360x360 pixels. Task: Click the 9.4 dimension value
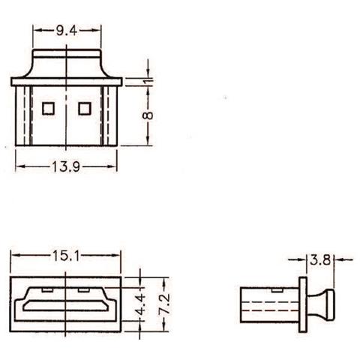tap(67, 31)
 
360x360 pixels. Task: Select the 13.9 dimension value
tap(66, 166)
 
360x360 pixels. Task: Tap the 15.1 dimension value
tap(66, 256)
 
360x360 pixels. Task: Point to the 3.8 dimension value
tap(320, 260)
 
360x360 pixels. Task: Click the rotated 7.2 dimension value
tap(165, 304)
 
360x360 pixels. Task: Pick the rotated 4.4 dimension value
tap(140, 304)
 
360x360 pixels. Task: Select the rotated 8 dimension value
tap(148, 115)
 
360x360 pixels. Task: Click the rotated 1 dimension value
tap(148, 82)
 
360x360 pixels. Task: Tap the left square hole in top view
tap(48, 109)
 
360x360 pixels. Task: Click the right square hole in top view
tap(85, 109)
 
